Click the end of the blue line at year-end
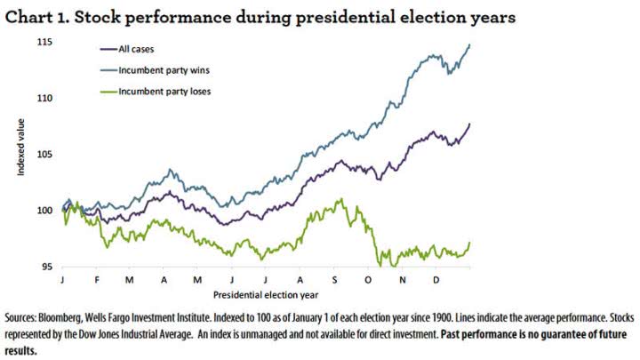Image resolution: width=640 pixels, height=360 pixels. point(469,44)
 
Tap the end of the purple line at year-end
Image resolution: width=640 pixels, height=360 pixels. point(469,124)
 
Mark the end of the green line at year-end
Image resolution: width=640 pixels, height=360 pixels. point(469,243)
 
